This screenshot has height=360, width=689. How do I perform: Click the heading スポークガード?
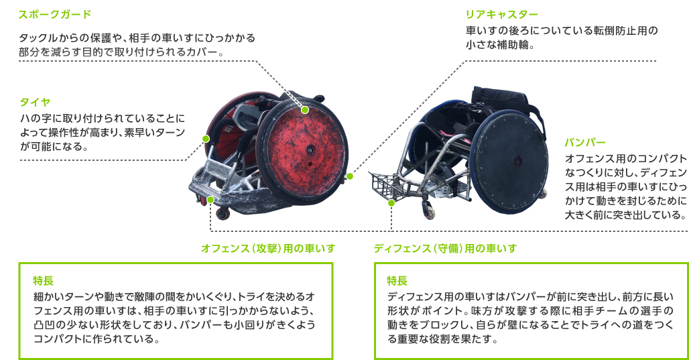54,14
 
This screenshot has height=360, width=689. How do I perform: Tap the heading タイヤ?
35,102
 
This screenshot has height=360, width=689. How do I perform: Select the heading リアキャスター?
502,15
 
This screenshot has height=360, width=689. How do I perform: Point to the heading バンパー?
585,142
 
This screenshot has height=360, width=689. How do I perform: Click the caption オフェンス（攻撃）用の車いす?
268,248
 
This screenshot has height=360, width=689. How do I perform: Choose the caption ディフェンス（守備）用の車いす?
445,248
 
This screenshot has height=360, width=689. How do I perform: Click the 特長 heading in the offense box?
43,280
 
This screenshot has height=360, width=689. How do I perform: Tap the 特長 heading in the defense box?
397,280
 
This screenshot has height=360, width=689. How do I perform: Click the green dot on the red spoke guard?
305,110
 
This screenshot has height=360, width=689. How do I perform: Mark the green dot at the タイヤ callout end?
206,139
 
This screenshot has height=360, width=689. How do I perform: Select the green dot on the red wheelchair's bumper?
210,200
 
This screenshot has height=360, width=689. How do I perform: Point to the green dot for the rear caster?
350,176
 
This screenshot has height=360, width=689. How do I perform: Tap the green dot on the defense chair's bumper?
391,202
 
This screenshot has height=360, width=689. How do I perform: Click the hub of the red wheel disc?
310,150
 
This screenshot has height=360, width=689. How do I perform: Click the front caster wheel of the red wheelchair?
223,214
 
